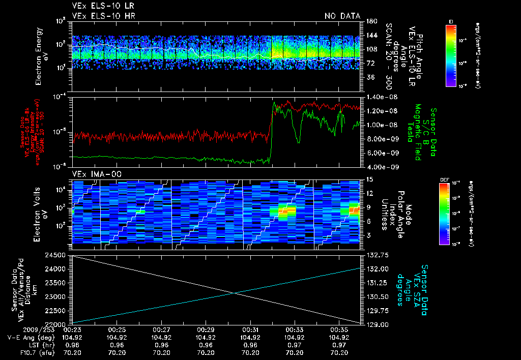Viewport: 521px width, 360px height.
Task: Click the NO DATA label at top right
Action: pyautogui.click(x=342, y=16)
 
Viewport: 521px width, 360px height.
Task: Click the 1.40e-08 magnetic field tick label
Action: pyautogui.click(x=378, y=97)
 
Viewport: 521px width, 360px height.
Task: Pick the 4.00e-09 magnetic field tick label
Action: pyautogui.click(x=378, y=167)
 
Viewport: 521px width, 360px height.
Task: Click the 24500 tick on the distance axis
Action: pyautogui.click(x=59, y=255)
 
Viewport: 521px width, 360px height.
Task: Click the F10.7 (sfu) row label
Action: pyautogui.click(x=20, y=352)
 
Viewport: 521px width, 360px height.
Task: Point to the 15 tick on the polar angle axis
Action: pyautogui.click(x=367, y=179)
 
